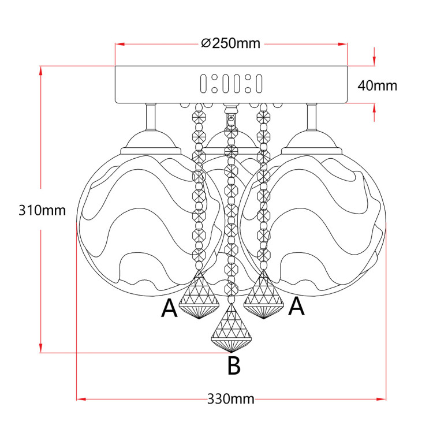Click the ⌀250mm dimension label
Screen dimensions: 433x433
231,43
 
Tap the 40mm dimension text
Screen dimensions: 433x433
378,85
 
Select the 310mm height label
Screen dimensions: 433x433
42,210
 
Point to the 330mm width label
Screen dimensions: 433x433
231,399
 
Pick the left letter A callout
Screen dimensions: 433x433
169,309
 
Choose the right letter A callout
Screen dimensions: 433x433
296,307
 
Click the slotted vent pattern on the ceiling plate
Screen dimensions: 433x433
231,84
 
